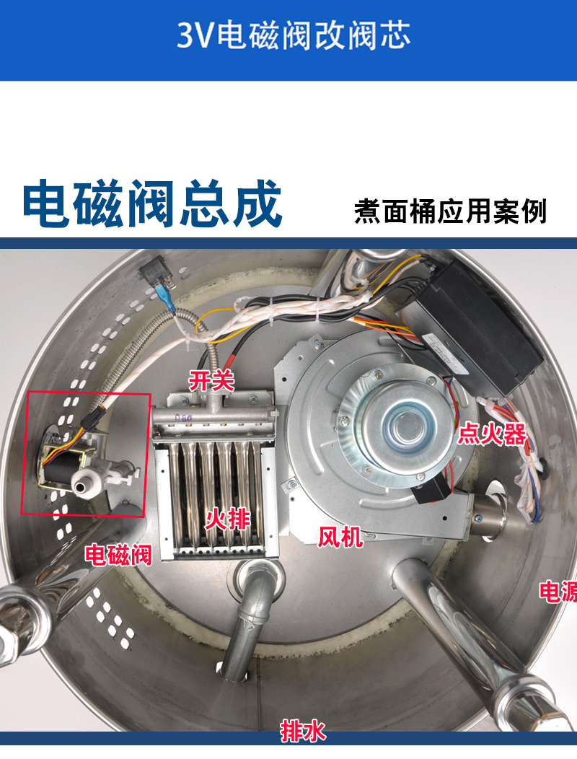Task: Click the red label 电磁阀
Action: pyautogui.click(x=118, y=555)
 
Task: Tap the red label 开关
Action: pyautogui.click(x=211, y=381)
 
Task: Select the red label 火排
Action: pyautogui.click(x=227, y=520)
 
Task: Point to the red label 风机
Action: pyautogui.click(x=340, y=537)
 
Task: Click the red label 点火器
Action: pyautogui.click(x=492, y=434)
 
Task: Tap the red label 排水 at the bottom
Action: pyautogui.click(x=303, y=731)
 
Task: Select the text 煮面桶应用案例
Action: pyautogui.click(x=451, y=211)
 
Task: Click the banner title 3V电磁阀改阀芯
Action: pyautogui.click(x=294, y=35)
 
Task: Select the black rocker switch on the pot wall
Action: pyautogui.click(x=156, y=274)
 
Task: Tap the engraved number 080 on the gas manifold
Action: pyautogui.click(x=183, y=416)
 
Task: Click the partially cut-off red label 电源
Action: pyautogui.click(x=558, y=592)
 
